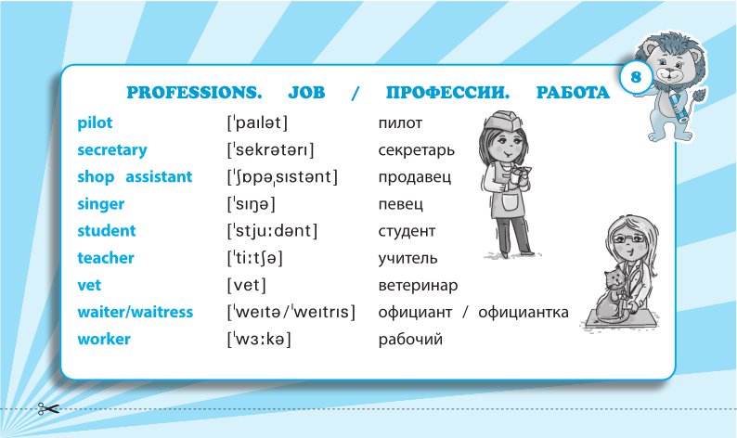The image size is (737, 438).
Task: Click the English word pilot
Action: pos(95,123)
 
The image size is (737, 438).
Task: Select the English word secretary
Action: pos(112,150)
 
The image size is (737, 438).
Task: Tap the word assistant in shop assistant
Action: pos(159,176)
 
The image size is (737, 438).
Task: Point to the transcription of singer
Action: pos(252,204)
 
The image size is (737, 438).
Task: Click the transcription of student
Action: pos(273,231)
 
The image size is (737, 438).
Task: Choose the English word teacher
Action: pos(106,258)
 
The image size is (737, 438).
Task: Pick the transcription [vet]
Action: pos(247,285)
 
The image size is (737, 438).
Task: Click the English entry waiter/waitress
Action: pos(136,312)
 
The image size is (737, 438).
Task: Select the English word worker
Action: pos(104,339)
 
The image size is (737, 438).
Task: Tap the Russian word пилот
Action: pos(400,123)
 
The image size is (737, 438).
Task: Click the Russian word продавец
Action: pos(415,177)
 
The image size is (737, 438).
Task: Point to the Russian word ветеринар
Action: pos(418,285)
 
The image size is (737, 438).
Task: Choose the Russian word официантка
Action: pos(524,312)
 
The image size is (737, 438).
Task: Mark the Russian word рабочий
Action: pos(410,339)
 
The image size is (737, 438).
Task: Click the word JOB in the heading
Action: pos(306,93)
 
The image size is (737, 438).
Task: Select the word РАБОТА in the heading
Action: pos(573,93)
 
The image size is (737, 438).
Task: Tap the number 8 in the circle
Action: pos(636,77)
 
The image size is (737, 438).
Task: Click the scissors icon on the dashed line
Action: pos(48,409)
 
